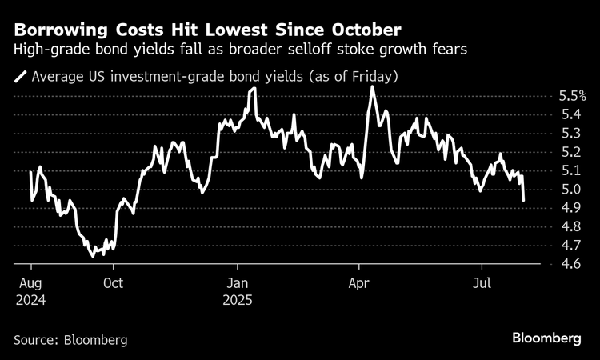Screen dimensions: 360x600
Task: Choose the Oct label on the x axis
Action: [113, 283]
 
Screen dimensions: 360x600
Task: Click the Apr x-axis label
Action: [358, 283]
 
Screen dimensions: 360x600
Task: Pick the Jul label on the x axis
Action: [482, 283]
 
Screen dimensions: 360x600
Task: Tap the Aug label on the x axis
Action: [30, 283]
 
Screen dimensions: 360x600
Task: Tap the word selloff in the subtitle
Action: [340, 50]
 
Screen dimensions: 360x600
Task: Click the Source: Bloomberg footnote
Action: [70, 339]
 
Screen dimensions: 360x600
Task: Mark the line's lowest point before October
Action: [92, 256]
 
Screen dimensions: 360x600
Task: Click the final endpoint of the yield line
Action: [524, 200]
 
